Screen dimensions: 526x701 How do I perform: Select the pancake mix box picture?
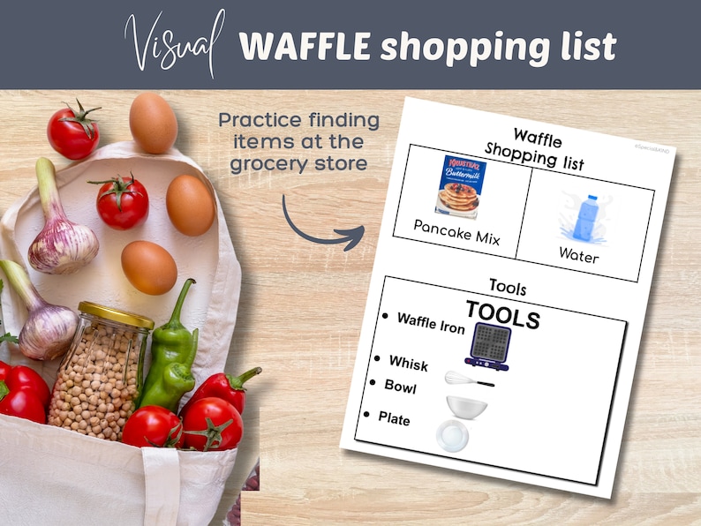tap(460, 187)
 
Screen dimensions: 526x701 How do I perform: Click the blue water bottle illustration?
tap(584, 217)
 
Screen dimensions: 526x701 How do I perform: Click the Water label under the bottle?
tap(578, 256)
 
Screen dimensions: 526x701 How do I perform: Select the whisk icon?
tap(468, 379)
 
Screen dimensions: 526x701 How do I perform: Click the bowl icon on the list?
tap(465, 407)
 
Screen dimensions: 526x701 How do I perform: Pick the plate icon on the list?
tap(453, 435)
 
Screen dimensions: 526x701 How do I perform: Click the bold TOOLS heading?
tap(501, 316)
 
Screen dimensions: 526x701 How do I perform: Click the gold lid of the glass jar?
tap(115, 313)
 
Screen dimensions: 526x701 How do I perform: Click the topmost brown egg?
tap(153, 123)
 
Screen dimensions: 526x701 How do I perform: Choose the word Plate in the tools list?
tap(394, 418)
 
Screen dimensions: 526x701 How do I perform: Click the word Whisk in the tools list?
tap(408, 363)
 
